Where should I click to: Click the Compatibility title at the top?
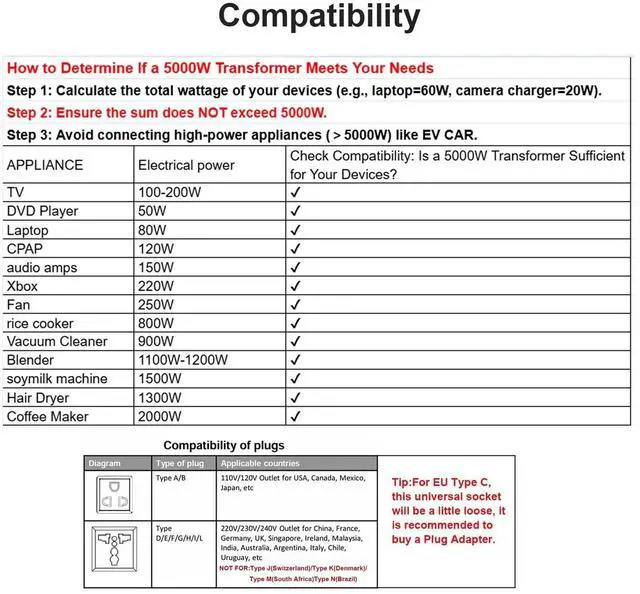(319, 18)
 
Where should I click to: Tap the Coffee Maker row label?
(47, 416)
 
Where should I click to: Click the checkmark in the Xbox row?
(295, 285)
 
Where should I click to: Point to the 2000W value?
(160, 416)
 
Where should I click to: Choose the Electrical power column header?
(186, 164)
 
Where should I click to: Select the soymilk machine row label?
(57, 379)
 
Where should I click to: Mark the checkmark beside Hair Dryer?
(295, 398)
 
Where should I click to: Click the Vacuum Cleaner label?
(57, 341)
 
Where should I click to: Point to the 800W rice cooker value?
(156, 323)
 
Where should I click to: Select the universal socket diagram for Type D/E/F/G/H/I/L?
(117, 551)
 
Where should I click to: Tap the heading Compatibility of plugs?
(224, 445)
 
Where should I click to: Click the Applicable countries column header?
(259, 464)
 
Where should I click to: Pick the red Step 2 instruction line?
(167, 112)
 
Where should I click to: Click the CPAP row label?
(25, 248)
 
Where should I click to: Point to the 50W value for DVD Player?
(152, 211)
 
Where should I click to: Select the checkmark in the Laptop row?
(295, 229)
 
